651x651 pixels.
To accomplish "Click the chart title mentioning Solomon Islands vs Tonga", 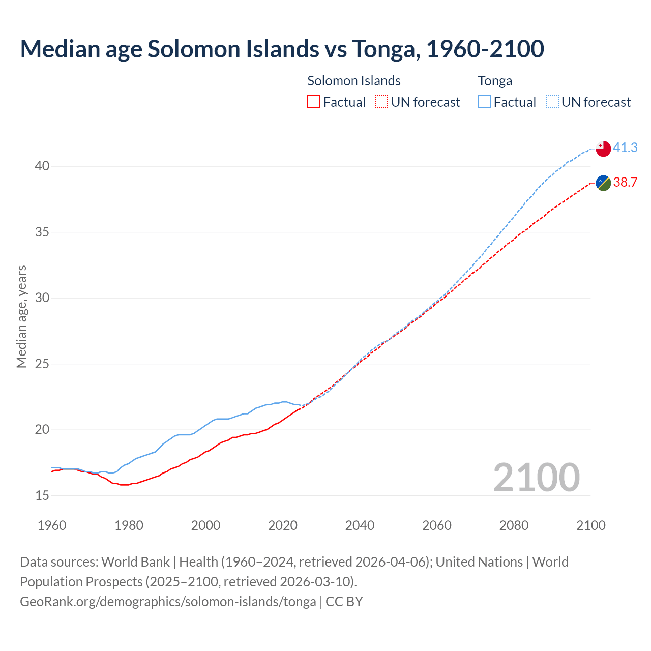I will point(282,49).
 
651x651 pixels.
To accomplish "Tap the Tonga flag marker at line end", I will point(603,149).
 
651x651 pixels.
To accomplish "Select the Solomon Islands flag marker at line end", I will point(603,183).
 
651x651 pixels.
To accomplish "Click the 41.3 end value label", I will point(625,147).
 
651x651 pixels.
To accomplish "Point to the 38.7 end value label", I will point(625,182).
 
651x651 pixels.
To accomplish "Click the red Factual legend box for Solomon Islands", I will point(314,102).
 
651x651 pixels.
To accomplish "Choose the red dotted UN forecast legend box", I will point(381,102).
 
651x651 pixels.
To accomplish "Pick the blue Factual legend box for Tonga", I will point(485,102).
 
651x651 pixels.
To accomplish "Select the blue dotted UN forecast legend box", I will point(552,102).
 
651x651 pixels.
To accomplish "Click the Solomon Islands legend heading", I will point(354,81).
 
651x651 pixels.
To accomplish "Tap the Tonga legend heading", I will point(495,81).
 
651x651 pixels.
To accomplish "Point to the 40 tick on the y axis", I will point(42,166).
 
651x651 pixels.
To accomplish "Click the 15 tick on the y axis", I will point(42,495).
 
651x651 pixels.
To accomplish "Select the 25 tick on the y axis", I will point(42,364).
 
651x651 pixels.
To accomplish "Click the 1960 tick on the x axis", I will point(52,525).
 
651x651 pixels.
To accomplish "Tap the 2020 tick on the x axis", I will point(283,525).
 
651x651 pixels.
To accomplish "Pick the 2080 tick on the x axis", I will point(514,525).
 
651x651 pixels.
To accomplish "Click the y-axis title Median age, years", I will point(21,316).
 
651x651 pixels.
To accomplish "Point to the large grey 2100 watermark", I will point(536,477).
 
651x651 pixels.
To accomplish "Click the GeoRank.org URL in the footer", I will point(168,602).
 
